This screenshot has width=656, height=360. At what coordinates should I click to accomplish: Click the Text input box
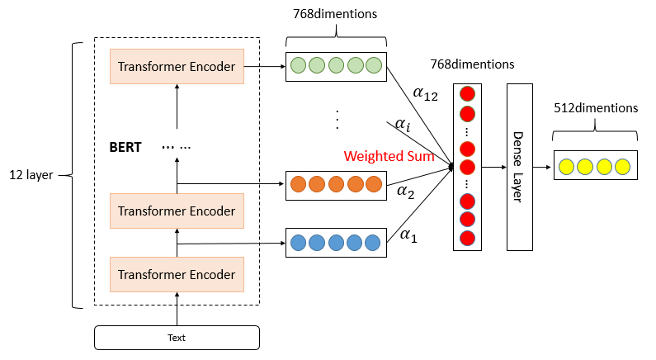click(177, 338)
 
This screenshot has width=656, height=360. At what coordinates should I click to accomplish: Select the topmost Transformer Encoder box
click(177, 66)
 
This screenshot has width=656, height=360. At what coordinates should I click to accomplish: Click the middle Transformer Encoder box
click(177, 211)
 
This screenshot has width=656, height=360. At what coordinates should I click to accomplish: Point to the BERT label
click(125, 148)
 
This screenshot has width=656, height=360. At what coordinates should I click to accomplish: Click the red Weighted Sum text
click(389, 156)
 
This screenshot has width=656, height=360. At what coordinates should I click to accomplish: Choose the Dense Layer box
click(519, 167)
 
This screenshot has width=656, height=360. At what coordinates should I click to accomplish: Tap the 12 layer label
click(31, 175)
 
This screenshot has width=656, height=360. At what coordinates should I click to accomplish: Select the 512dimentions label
click(596, 108)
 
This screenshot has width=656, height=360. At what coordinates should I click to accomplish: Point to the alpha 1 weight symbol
click(408, 235)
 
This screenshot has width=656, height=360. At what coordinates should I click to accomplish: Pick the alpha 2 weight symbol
click(406, 192)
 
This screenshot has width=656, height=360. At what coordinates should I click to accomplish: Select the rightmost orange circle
click(374, 183)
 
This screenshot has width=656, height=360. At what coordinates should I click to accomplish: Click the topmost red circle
click(468, 93)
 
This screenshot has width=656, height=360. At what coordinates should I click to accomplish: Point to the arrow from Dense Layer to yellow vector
click(541, 167)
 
